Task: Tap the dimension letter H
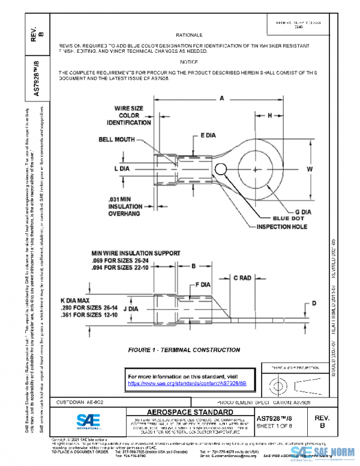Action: (270, 115)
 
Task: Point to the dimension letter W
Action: (310, 170)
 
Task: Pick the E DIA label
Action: (208, 136)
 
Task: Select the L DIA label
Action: (122, 169)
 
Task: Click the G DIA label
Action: (304, 211)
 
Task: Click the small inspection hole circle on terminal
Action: (220, 169)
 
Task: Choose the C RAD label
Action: (243, 278)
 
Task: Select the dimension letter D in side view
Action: (313, 303)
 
